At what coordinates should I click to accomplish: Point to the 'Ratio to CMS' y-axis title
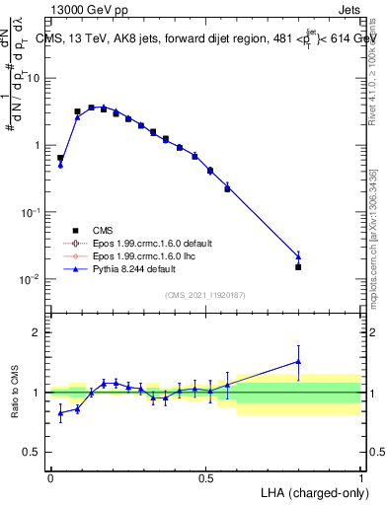coord(17,392)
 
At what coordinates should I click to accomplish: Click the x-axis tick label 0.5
coord(205,476)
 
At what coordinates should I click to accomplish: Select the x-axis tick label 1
coord(361,476)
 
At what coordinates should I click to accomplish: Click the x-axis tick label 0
coord(50,476)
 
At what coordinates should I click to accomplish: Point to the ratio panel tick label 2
coord(39,332)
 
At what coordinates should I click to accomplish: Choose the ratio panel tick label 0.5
coord(34,453)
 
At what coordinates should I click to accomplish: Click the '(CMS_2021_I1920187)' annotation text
coord(205,295)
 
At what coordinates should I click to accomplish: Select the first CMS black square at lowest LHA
coord(60,158)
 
